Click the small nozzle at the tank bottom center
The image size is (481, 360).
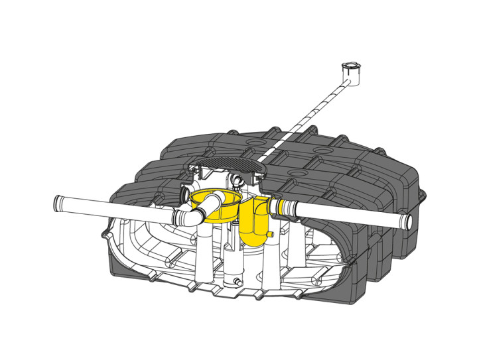[x=237, y=284]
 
